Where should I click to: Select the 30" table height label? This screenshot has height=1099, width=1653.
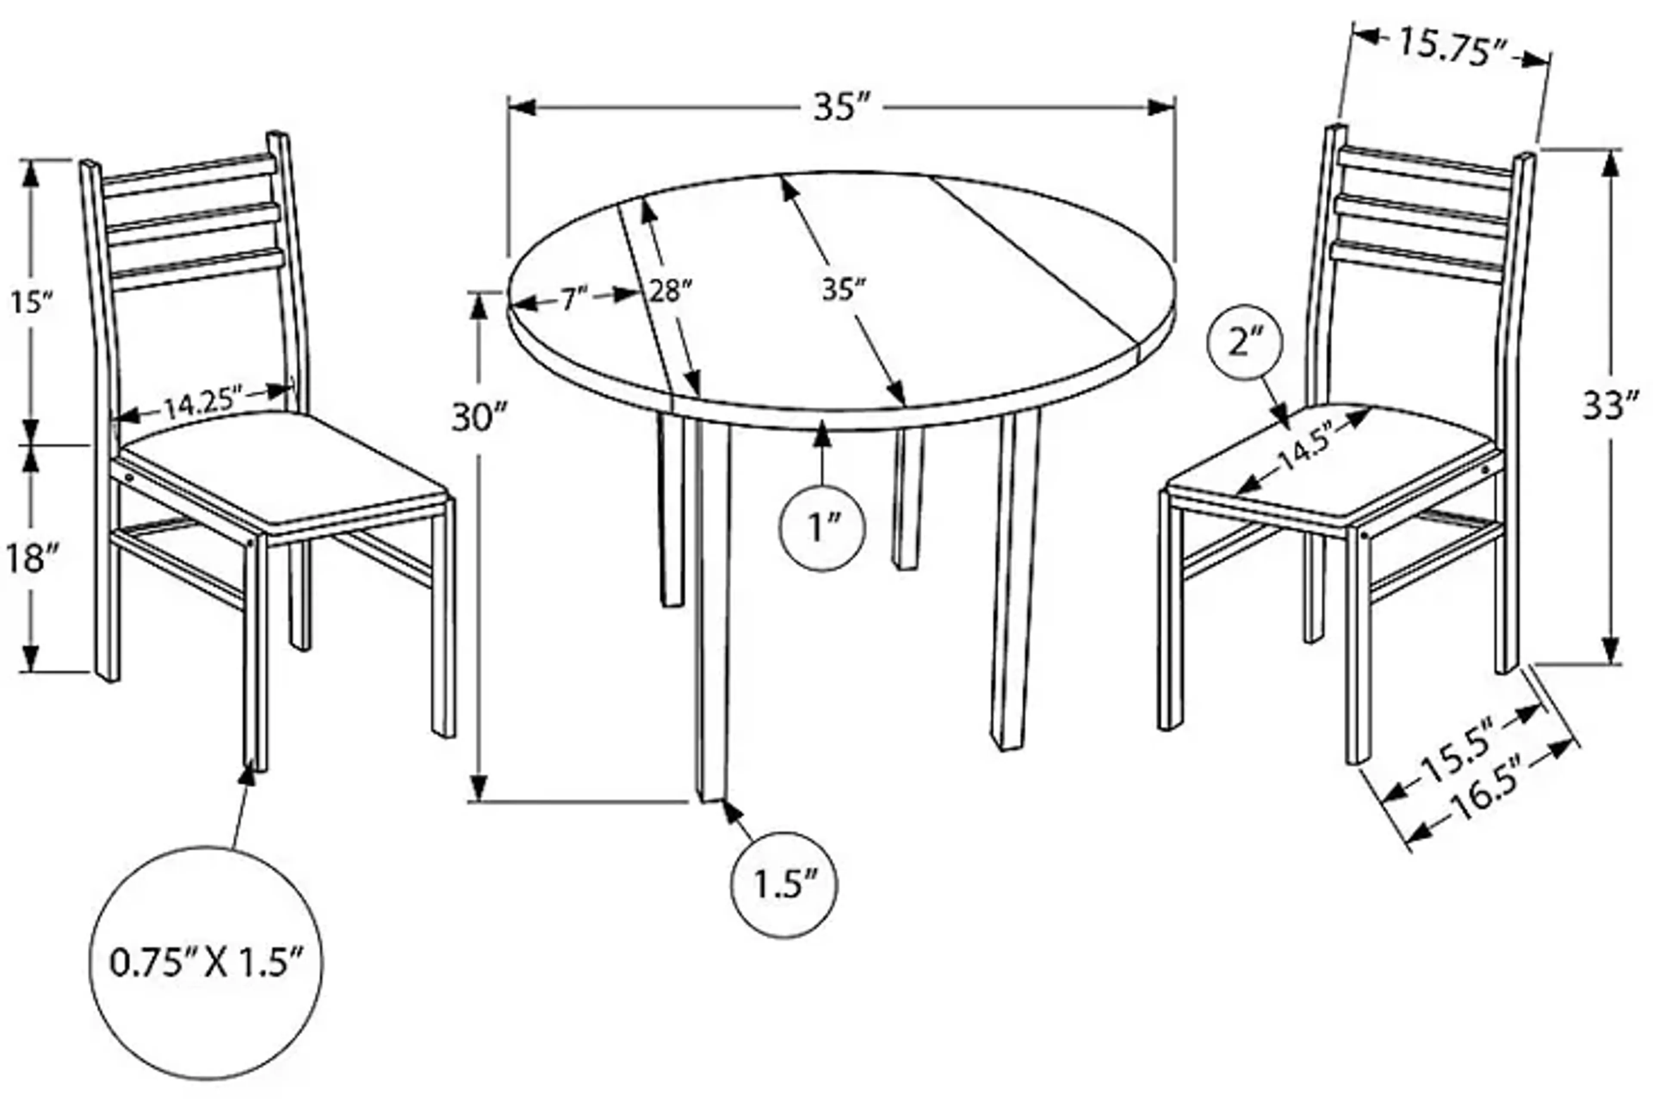coord(478,419)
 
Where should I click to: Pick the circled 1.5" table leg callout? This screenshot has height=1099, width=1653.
coord(784,884)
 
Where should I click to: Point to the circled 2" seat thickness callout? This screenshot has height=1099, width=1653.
coord(1244,343)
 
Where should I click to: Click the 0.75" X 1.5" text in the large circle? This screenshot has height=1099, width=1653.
coord(207,962)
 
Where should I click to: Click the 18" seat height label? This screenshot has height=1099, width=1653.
coord(29,559)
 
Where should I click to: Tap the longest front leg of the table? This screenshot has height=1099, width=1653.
coord(712,610)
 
